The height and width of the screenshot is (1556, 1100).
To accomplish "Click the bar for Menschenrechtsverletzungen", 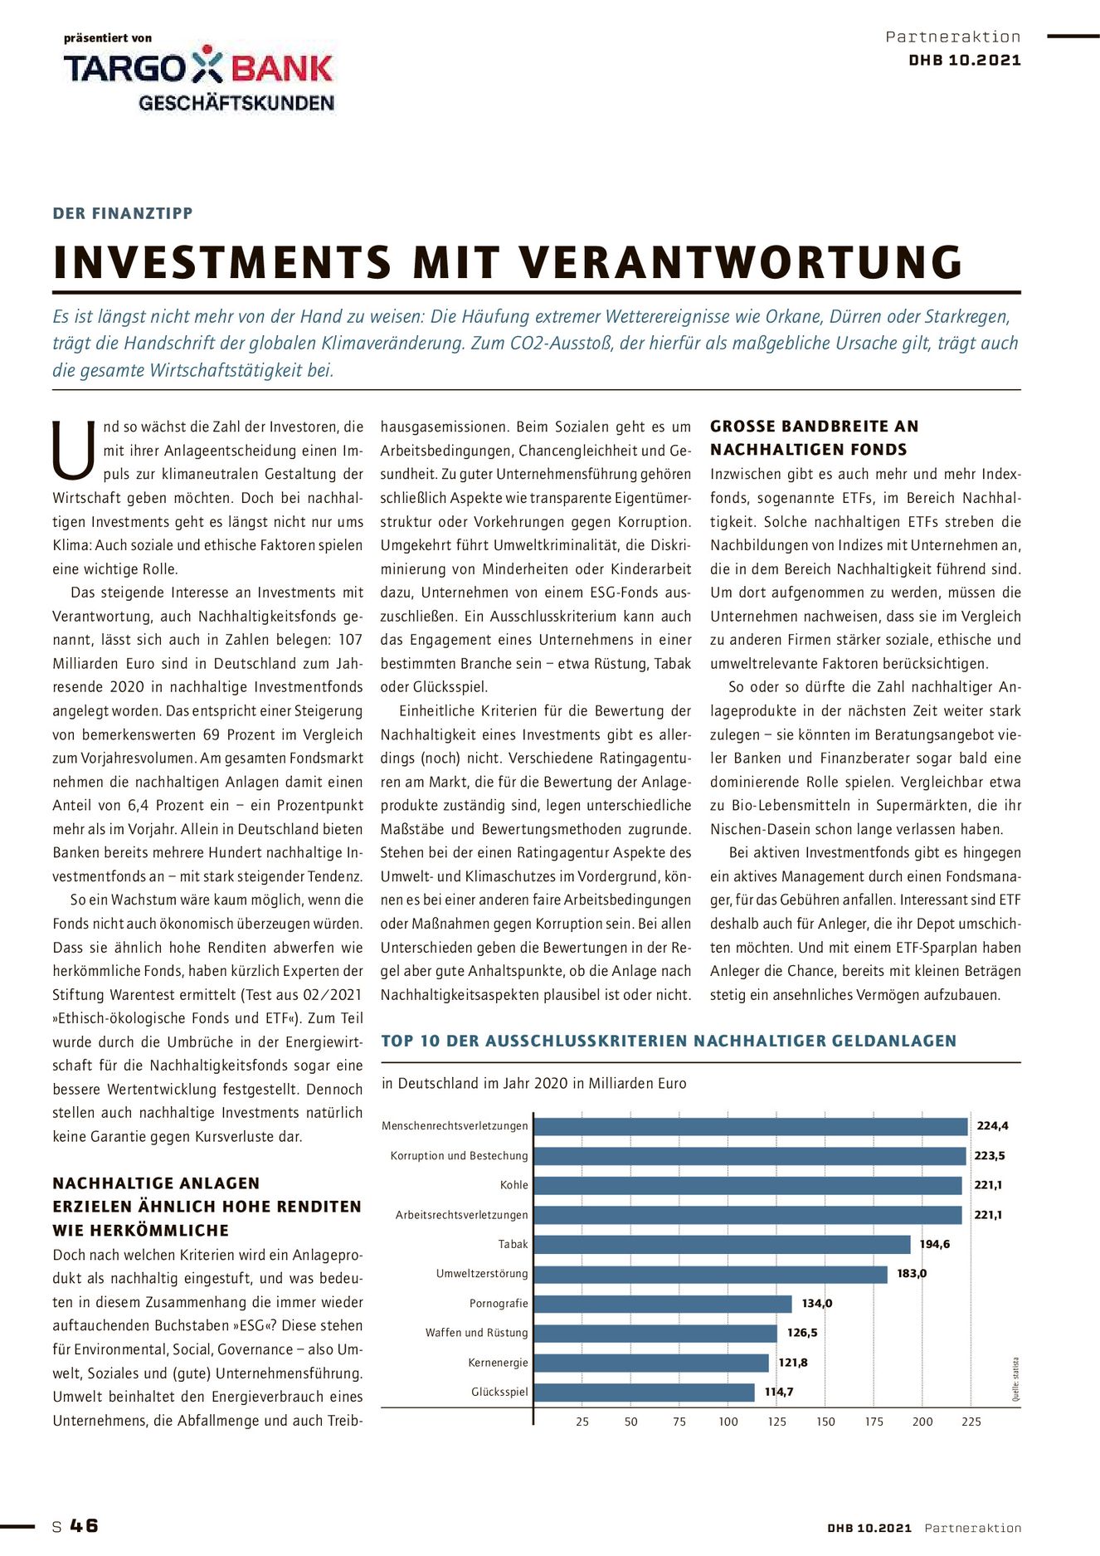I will point(751,1126).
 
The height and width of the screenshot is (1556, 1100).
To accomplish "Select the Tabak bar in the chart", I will point(722,1244).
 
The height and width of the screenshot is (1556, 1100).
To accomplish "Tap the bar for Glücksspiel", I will point(644,1392).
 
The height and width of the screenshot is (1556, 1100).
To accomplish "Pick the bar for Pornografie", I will point(663,1303).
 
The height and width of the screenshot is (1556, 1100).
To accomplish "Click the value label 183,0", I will point(912,1274).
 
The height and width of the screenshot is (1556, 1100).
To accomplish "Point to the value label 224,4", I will point(992,1126).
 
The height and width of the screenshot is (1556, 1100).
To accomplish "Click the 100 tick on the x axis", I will point(728,1422).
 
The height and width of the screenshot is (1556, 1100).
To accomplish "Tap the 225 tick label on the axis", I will point(971,1422).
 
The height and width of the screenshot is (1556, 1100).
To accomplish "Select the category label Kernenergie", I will point(498,1363).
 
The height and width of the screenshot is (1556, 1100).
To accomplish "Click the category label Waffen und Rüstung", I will point(477,1333).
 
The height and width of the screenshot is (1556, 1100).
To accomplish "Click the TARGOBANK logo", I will point(198,67).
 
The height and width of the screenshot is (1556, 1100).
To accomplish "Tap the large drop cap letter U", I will point(75,451).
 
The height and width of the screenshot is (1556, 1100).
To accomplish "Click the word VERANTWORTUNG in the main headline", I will point(742,262).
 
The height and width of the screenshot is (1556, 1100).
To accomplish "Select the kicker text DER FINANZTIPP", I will point(123,213).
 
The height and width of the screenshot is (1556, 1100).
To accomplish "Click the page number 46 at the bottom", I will point(84,1525).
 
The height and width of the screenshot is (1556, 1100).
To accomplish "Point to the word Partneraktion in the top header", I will point(953,37).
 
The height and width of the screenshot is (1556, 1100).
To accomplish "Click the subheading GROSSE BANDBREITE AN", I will point(814,427).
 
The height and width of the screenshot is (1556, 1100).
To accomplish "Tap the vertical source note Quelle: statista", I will point(1015,1379).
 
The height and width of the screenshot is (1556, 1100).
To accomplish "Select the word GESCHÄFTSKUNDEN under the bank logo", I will point(236,103).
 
